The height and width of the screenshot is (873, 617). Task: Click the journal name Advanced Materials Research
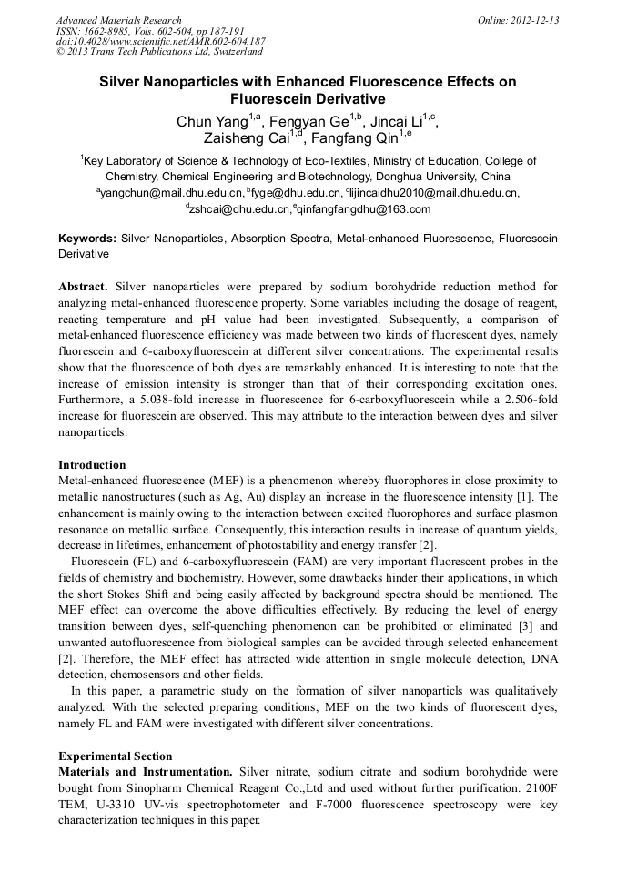click(118, 20)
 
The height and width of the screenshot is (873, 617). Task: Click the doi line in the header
click(161, 41)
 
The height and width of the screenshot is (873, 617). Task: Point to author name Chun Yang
click(211, 122)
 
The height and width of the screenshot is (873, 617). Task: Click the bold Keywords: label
click(87, 239)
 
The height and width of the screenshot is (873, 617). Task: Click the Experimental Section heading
click(115, 756)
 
